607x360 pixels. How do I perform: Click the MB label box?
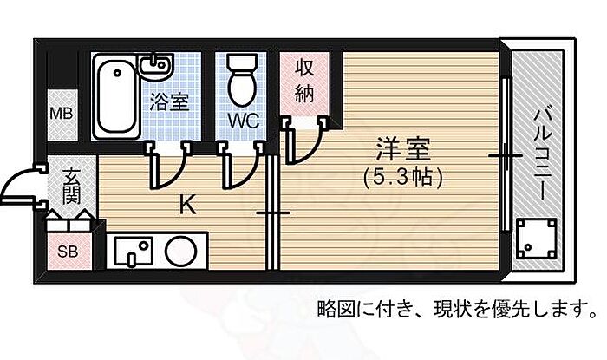61,113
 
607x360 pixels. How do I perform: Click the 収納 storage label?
303,82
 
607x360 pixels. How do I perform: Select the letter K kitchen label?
186,206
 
